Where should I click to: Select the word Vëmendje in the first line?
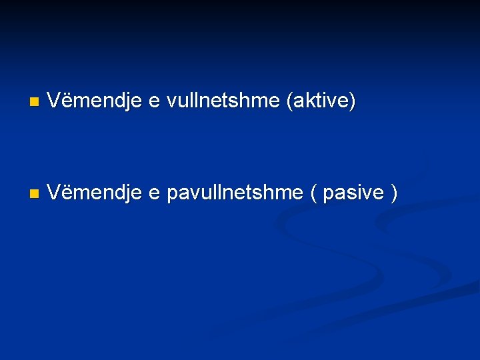(x=94, y=101)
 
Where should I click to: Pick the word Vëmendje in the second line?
(x=94, y=193)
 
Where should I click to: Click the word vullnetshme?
(x=223, y=101)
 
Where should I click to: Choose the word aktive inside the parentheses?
(x=321, y=101)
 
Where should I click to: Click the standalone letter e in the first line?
(x=154, y=102)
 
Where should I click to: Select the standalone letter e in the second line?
(x=154, y=193)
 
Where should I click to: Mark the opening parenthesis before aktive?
(x=289, y=102)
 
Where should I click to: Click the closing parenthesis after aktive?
(x=353, y=102)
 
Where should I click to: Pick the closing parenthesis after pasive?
(x=395, y=194)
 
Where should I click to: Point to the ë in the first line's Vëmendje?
(x=65, y=101)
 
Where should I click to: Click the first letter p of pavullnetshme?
(x=172, y=195)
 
